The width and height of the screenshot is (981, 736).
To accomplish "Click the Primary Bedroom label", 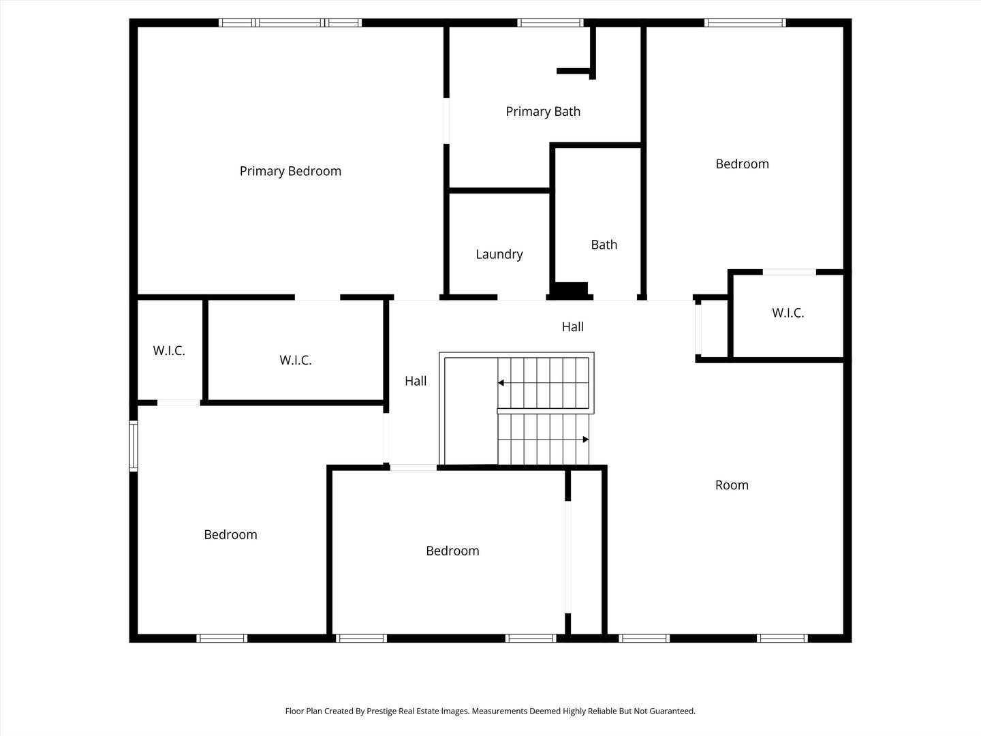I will click(x=290, y=171).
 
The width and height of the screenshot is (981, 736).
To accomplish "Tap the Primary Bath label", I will click(x=543, y=111).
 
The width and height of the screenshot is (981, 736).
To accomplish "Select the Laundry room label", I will click(x=499, y=254).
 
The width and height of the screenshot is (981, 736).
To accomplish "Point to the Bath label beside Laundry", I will click(x=604, y=245).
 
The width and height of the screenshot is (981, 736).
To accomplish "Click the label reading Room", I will click(x=732, y=485).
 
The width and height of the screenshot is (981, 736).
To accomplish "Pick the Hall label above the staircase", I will click(x=572, y=327).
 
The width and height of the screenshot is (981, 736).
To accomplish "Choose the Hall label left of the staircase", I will click(x=416, y=381).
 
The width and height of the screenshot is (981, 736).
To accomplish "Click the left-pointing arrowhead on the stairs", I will click(x=501, y=383).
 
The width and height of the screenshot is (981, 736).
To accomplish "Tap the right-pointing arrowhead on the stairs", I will click(x=585, y=440).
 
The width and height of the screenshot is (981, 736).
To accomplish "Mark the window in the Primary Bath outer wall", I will click(x=550, y=23).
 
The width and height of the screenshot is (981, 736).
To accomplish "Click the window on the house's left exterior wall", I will click(x=134, y=446).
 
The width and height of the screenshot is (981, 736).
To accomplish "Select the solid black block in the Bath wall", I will click(x=571, y=290).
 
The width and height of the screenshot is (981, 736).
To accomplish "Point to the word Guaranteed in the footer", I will click(x=671, y=711).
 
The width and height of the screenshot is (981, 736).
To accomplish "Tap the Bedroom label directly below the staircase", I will click(x=452, y=551).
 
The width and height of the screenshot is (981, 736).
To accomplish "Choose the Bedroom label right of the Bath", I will click(x=742, y=164).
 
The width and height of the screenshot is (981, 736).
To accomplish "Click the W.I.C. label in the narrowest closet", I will click(x=169, y=351).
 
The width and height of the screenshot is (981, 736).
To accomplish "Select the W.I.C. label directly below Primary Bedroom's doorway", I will click(x=296, y=361).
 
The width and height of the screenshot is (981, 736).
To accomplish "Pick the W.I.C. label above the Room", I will click(x=788, y=313).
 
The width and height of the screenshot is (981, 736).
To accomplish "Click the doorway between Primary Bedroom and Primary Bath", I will click(x=446, y=121).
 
